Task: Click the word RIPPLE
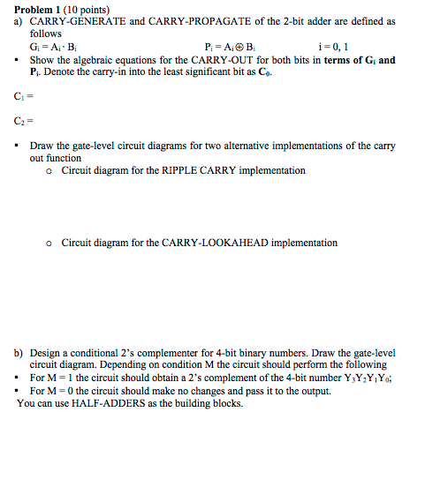[x=185, y=170]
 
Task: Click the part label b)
[x=18, y=352]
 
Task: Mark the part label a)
[x=18, y=21]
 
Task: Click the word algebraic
[x=84, y=59]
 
